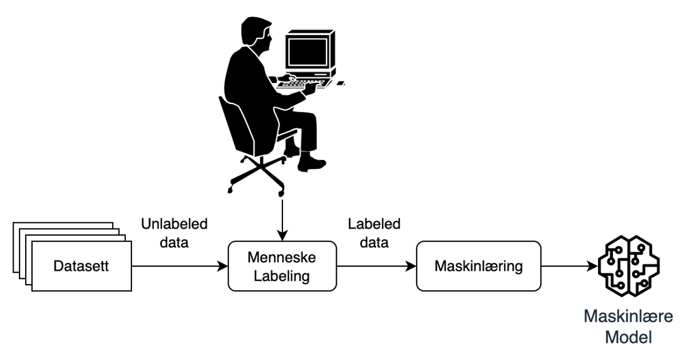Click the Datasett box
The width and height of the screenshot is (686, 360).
82,266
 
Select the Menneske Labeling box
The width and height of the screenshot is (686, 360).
282,267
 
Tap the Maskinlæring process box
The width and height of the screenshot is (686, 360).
478,266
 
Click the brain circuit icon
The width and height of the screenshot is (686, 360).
628,265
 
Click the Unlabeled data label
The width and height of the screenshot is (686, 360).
174,233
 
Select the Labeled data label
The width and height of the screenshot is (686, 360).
374,233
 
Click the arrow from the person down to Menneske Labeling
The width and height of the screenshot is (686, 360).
281,217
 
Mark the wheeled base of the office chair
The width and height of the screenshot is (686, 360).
257,174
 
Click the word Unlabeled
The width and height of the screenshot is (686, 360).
174,224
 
